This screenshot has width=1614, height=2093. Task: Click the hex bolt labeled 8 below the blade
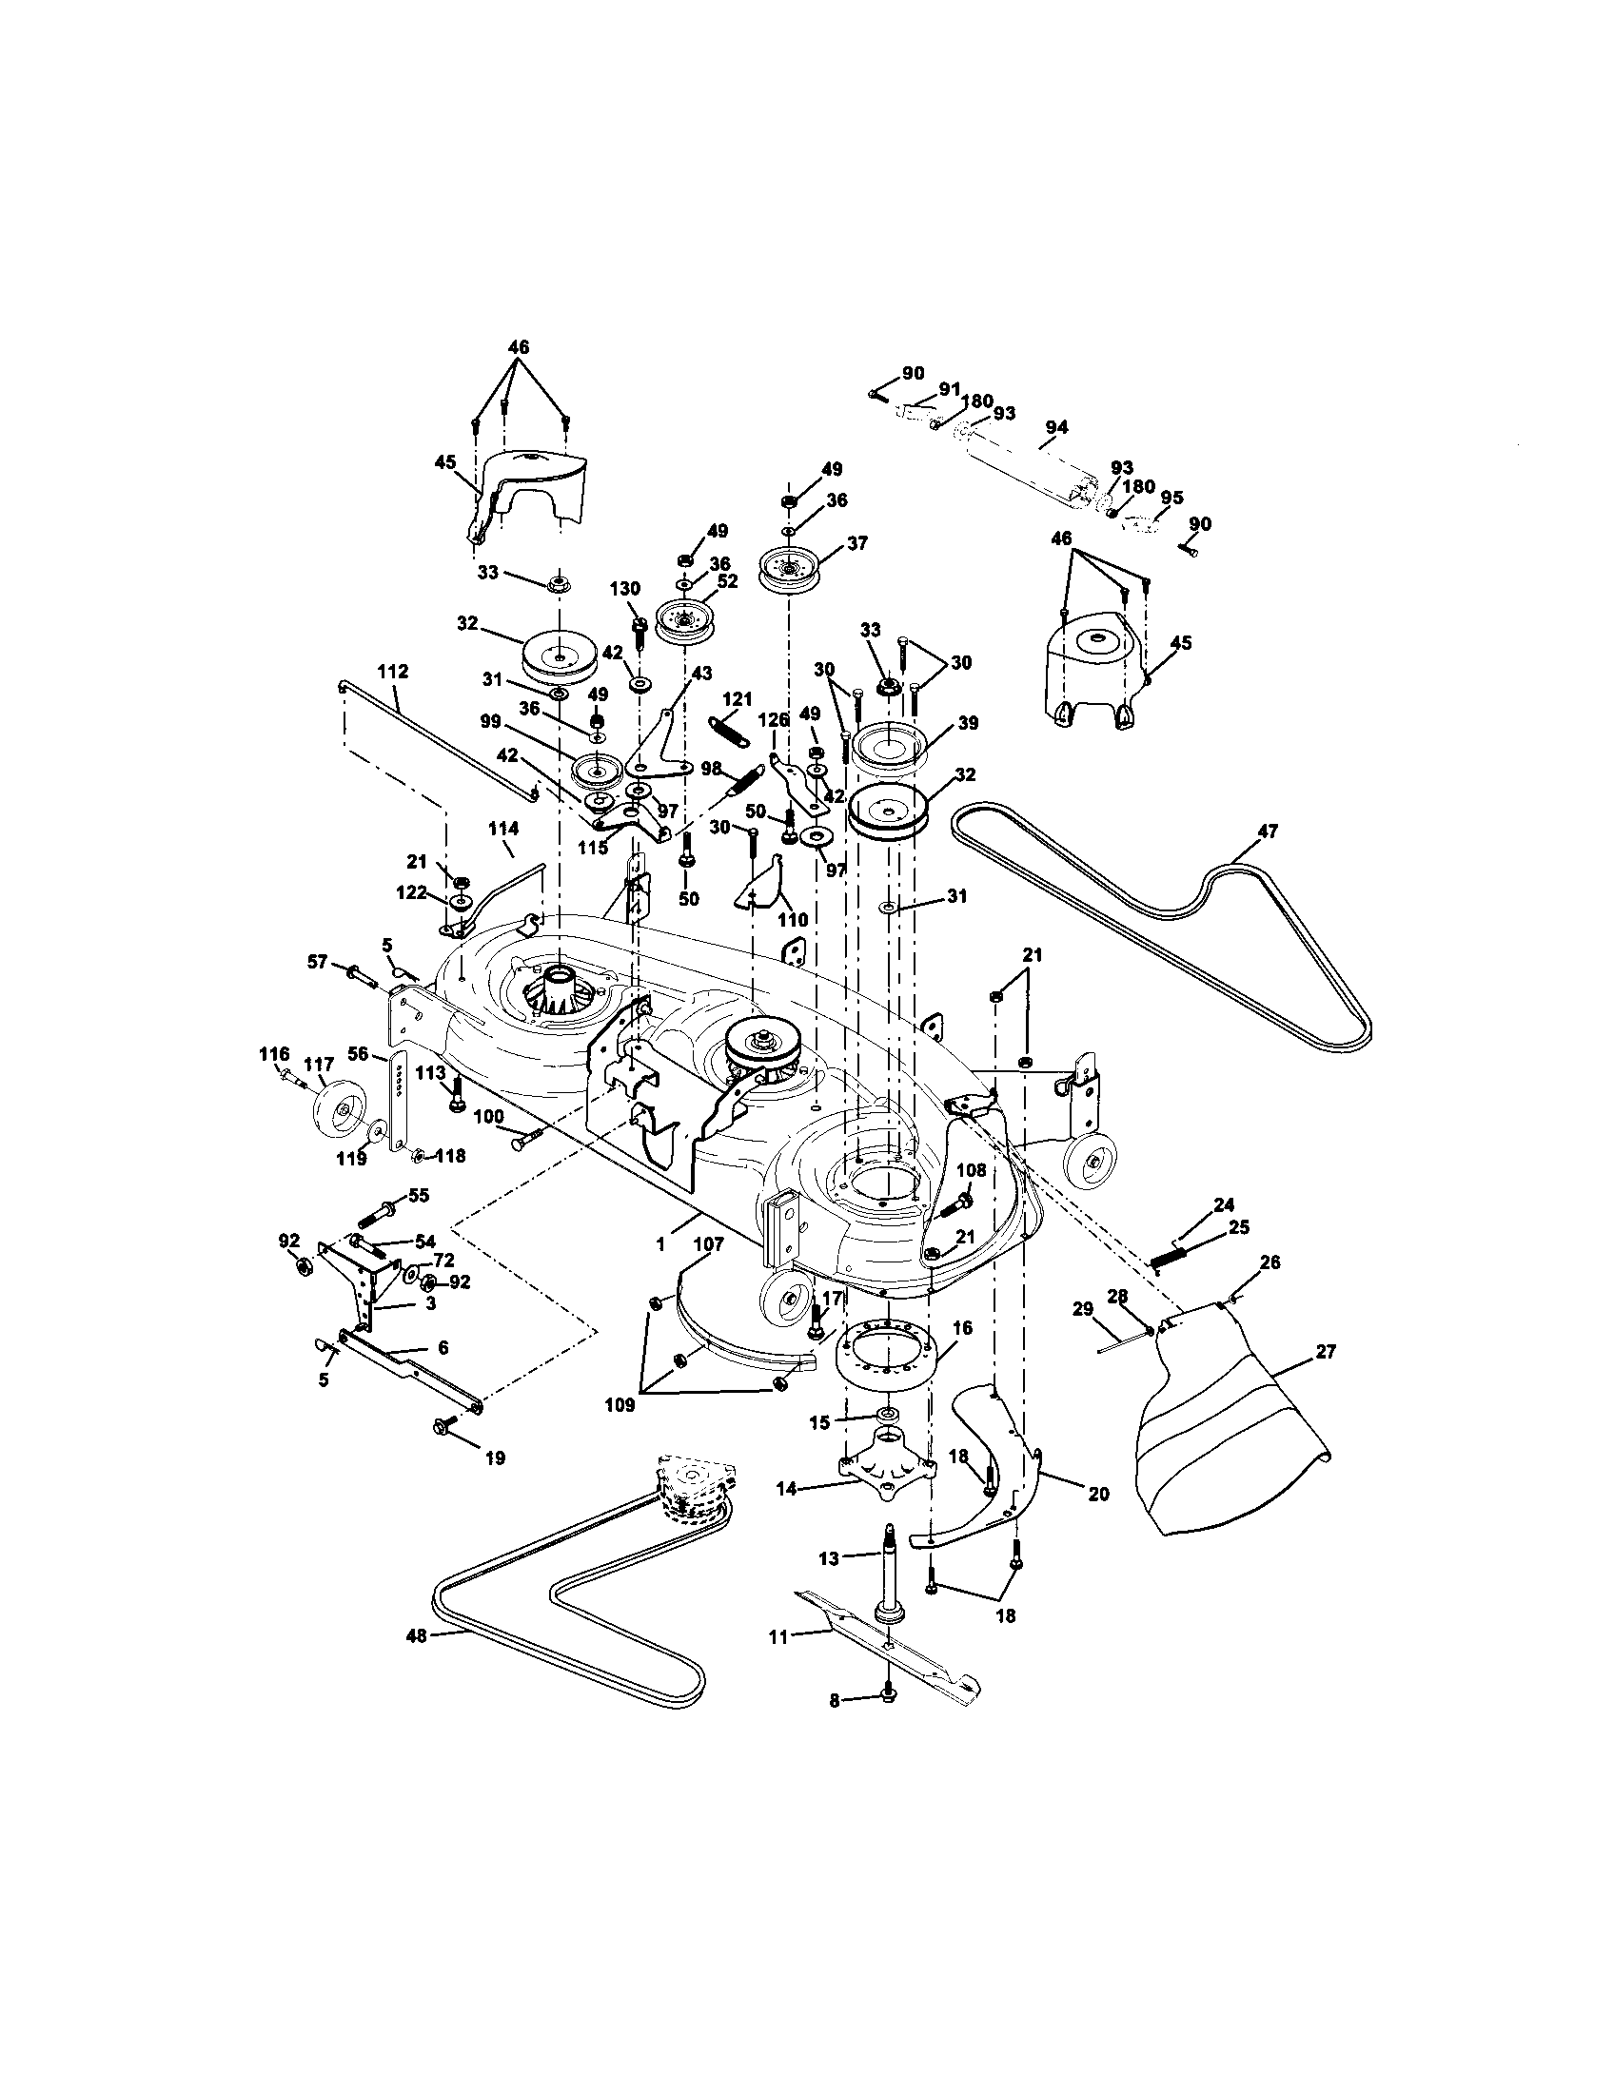click(x=888, y=1699)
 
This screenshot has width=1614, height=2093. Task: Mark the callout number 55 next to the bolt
click(x=418, y=1195)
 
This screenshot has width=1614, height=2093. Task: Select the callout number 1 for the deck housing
click(x=659, y=1244)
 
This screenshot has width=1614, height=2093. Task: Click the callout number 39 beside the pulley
click(x=967, y=724)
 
